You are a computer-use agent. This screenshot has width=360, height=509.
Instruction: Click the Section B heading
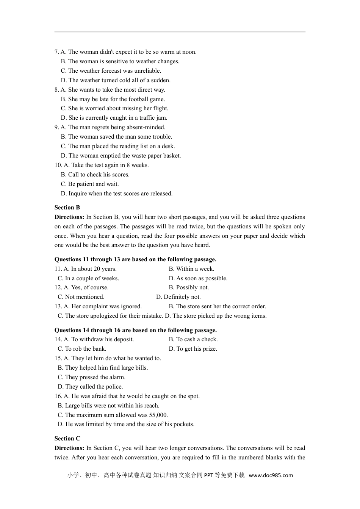tap(67, 208)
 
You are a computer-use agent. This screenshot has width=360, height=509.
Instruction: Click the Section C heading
tap(67, 439)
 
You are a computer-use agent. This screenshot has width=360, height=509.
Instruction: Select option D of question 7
tap(116, 80)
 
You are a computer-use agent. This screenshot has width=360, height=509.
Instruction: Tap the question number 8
tap(56, 90)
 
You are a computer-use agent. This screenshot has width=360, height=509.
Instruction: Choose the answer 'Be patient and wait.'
tap(90, 184)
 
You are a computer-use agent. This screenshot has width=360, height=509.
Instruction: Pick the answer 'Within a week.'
tap(191, 269)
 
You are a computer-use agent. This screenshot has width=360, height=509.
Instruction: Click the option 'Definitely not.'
tap(178, 297)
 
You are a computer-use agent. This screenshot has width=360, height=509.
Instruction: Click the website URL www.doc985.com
tap(271, 475)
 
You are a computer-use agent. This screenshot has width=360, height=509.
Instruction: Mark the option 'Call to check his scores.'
tap(95, 175)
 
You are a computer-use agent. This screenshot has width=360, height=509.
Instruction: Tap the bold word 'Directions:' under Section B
tap(69, 217)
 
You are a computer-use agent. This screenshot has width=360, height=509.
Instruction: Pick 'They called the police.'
tap(90, 387)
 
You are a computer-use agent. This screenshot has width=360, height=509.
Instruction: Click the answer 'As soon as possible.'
tap(198, 278)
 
